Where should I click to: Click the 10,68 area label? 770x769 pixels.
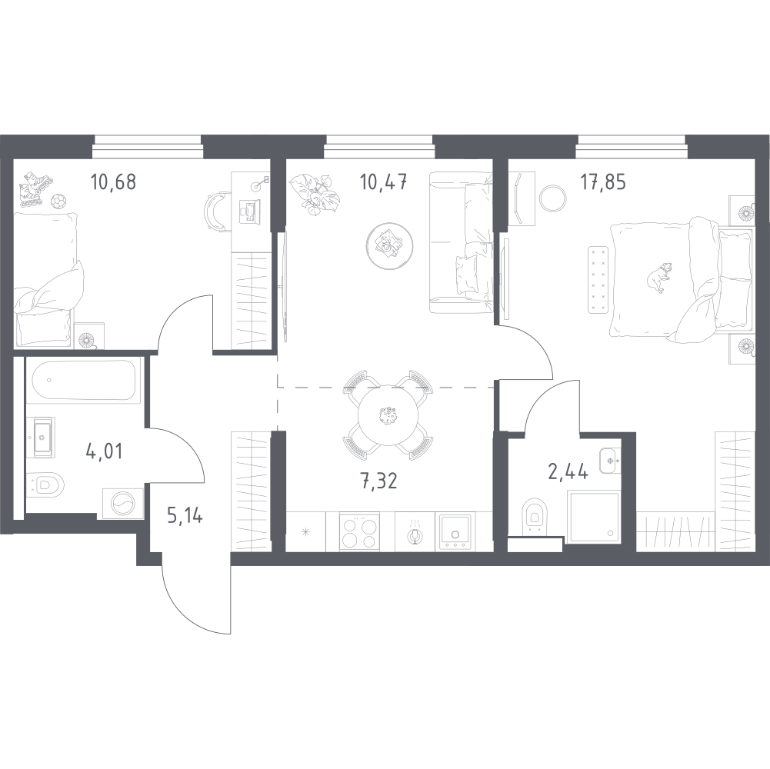coord(113,182)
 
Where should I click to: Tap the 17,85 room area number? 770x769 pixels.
coord(603,182)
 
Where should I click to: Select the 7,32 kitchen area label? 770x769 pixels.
coord(379,481)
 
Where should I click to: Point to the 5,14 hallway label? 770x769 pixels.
coord(185,516)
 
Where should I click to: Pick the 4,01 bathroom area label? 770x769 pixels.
coord(104,451)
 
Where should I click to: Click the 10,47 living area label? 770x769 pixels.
coord(384,182)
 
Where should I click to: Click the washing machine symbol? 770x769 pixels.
coord(123,503)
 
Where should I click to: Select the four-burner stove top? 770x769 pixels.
coord(359,533)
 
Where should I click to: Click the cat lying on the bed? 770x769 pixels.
coord(659,278)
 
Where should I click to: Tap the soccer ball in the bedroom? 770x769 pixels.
coord(58,201)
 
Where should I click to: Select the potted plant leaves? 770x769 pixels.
coord(314,194)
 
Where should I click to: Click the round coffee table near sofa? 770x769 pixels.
coord(389,245)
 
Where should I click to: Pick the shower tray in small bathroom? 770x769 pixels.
coord(593,515)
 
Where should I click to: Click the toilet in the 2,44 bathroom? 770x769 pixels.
coord(535,515)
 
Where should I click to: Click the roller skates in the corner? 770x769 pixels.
coord(32,188)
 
